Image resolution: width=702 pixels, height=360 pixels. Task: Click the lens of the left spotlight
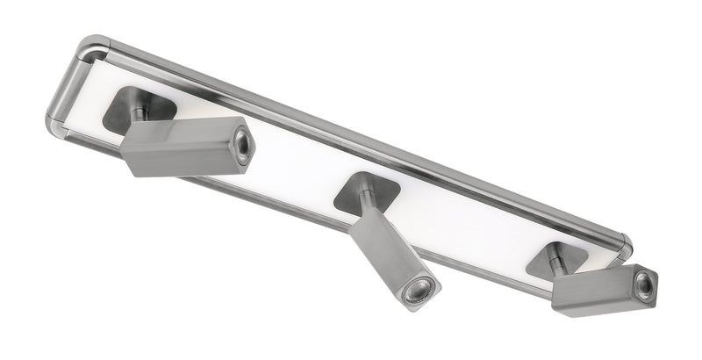point(242,146)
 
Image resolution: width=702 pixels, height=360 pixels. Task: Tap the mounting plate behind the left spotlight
point(123,110)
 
